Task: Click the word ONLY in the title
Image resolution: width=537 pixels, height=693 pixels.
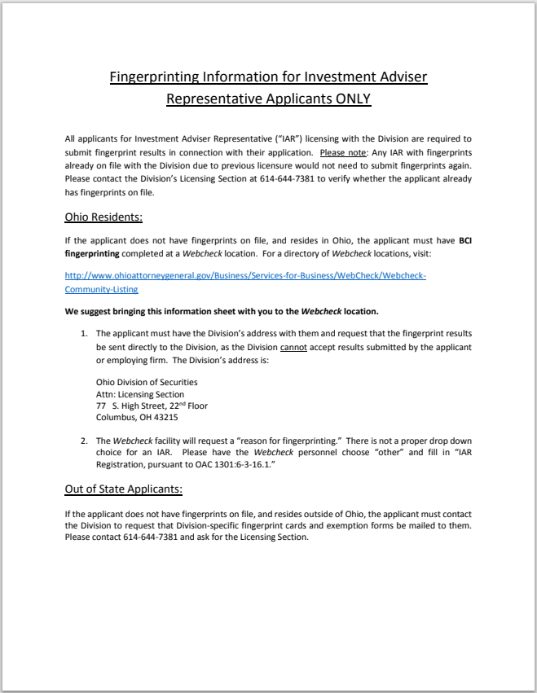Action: (x=350, y=99)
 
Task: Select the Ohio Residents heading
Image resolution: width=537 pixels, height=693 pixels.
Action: (x=103, y=217)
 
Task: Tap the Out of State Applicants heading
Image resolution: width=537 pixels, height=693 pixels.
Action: (x=123, y=489)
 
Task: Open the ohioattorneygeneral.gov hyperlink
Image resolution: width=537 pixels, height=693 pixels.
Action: (x=244, y=276)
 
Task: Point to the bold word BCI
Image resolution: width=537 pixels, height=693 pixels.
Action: (x=464, y=241)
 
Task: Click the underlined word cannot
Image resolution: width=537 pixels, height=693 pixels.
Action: (x=293, y=348)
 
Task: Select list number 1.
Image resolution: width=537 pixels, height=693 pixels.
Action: (x=83, y=335)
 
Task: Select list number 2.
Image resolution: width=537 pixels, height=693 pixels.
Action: (x=83, y=441)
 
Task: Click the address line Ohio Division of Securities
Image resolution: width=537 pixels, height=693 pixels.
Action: (x=147, y=382)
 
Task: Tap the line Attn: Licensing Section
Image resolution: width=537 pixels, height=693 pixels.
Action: (x=140, y=394)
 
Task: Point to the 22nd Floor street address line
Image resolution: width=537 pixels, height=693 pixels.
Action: (x=152, y=406)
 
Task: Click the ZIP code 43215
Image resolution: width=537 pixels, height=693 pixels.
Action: (x=165, y=418)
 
